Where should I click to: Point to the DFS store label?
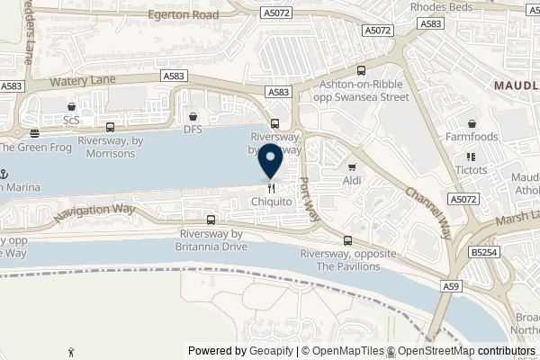click(x=193, y=130)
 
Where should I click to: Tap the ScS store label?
click(x=71, y=120)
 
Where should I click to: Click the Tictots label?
click(x=472, y=170)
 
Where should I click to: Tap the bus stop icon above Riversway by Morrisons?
click(x=110, y=127)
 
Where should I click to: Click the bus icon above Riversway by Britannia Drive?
click(x=210, y=219)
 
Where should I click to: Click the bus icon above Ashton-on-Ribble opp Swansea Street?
click(x=361, y=70)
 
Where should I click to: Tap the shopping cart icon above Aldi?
click(x=352, y=166)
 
